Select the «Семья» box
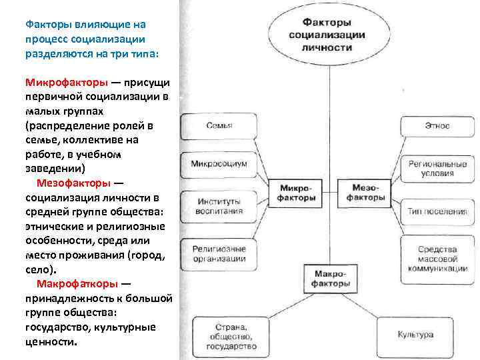click(219, 125)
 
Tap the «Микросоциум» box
click(219, 163)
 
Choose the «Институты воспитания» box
click(219, 206)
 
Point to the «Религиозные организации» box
click(219, 253)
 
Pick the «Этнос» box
click(437, 125)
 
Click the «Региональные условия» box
click(437, 167)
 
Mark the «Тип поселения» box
click(437, 211)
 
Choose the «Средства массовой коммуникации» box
click(437, 259)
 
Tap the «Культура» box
click(415, 335)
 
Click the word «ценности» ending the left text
click(50, 341)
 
